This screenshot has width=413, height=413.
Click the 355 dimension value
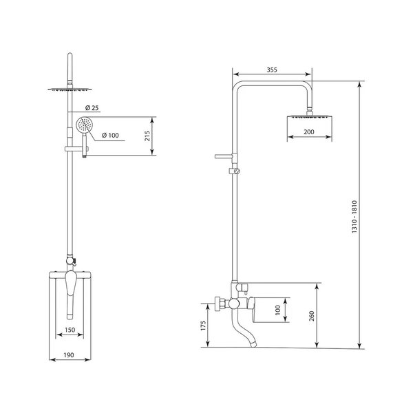(272, 70)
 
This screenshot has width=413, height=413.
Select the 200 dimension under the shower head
(309, 131)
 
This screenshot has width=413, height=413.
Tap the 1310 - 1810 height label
(354, 217)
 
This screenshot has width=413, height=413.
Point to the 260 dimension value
(312, 316)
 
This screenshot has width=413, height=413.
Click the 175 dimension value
(203, 326)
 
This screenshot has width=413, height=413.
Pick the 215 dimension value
(147, 136)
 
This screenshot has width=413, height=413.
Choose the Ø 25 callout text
(92, 108)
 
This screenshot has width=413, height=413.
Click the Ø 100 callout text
(110, 135)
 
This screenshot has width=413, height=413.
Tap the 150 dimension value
(70, 330)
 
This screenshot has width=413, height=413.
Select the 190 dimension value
(69, 355)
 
